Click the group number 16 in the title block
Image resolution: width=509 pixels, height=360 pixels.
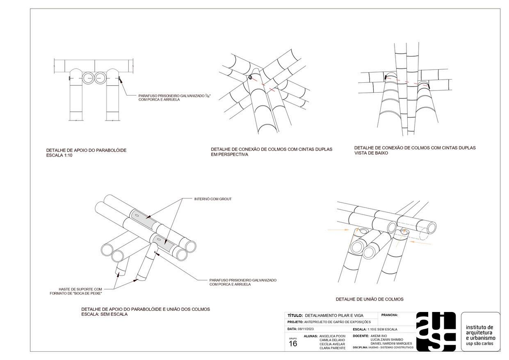tap(293, 344)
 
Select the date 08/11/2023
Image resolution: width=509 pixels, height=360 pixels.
tap(305, 329)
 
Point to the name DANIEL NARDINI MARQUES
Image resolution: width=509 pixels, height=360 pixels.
tap(391, 344)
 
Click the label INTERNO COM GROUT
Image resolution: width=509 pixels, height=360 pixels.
tap(213, 199)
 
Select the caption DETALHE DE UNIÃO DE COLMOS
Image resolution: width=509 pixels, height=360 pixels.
tap(369, 299)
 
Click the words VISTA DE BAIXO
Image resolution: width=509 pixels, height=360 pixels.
tap(371, 153)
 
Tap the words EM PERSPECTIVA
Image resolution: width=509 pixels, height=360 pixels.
tap(229, 155)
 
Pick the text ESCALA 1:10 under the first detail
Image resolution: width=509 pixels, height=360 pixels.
tap(59, 155)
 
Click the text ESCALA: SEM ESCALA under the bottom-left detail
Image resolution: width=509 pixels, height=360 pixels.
tap(104, 314)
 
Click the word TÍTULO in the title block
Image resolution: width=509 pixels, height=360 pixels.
tap(295, 316)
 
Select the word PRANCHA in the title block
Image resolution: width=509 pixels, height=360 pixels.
tap(390, 315)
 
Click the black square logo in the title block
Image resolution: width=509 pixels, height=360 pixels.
tap(436, 331)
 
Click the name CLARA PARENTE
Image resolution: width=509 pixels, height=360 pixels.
tap(332, 348)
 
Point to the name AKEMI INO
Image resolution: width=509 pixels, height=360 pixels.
tap(378, 336)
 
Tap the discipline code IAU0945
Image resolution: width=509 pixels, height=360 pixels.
tap(374, 348)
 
